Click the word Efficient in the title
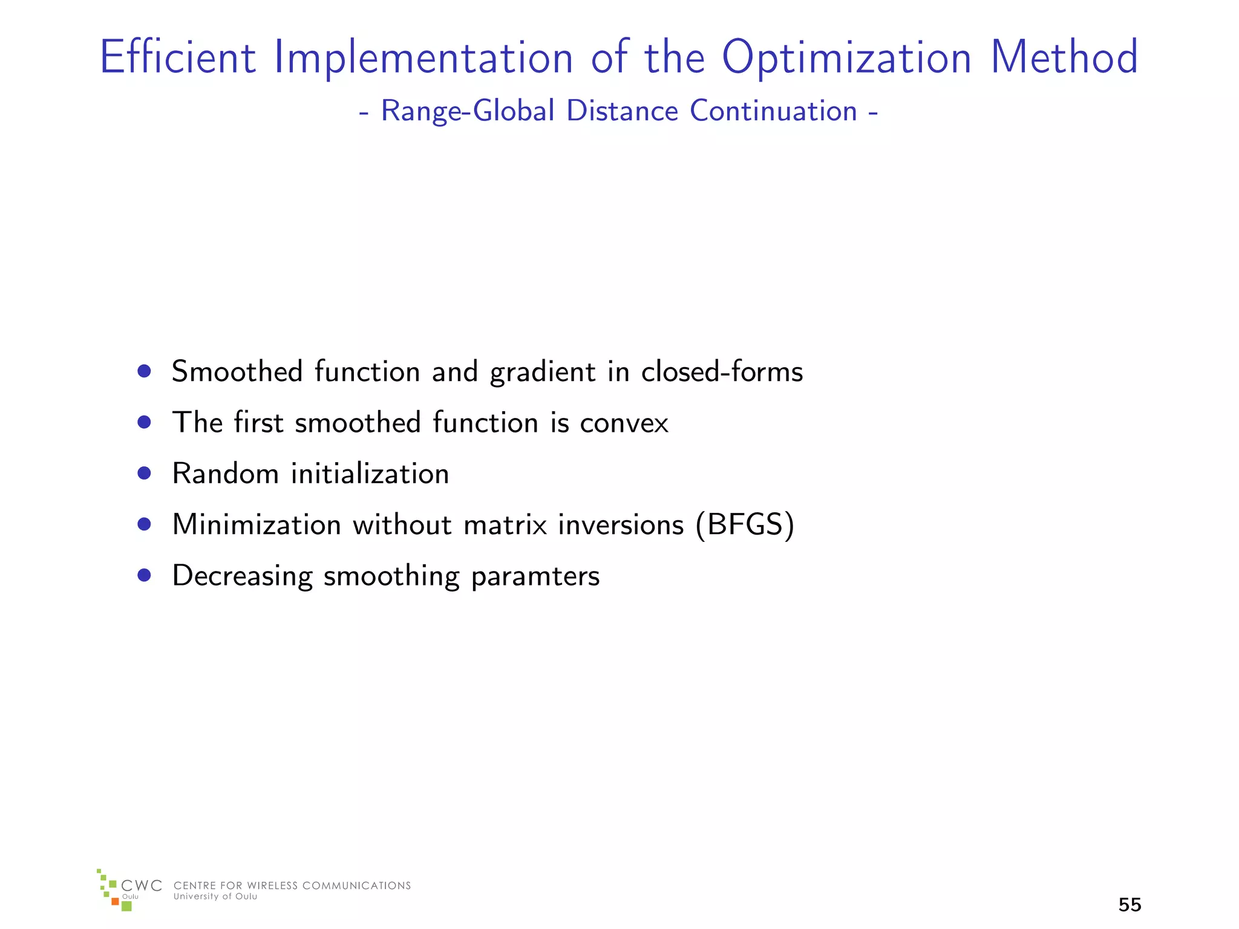tap(177, 57)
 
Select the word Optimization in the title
tap(846, 59)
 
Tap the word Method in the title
tap(1064, 57)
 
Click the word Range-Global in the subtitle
tap(468, 112)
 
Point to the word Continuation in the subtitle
tap(773, 111)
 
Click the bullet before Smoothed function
tap(144, 371)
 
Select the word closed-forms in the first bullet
tap(722, 371)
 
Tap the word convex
tap(624, 423)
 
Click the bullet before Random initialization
tap(144, 473)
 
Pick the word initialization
tap(370, 474)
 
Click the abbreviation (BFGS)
tap(745, 525)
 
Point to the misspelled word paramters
tap(535, 576)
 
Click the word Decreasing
tap(242, 576)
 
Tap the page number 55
tap(1129, 905)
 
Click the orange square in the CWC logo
tap(115, 902)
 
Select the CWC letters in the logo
tap(142, 886)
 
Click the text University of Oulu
tap(215, 897)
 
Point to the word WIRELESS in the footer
tap(272, 886)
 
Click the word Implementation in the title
tap(423, 59)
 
